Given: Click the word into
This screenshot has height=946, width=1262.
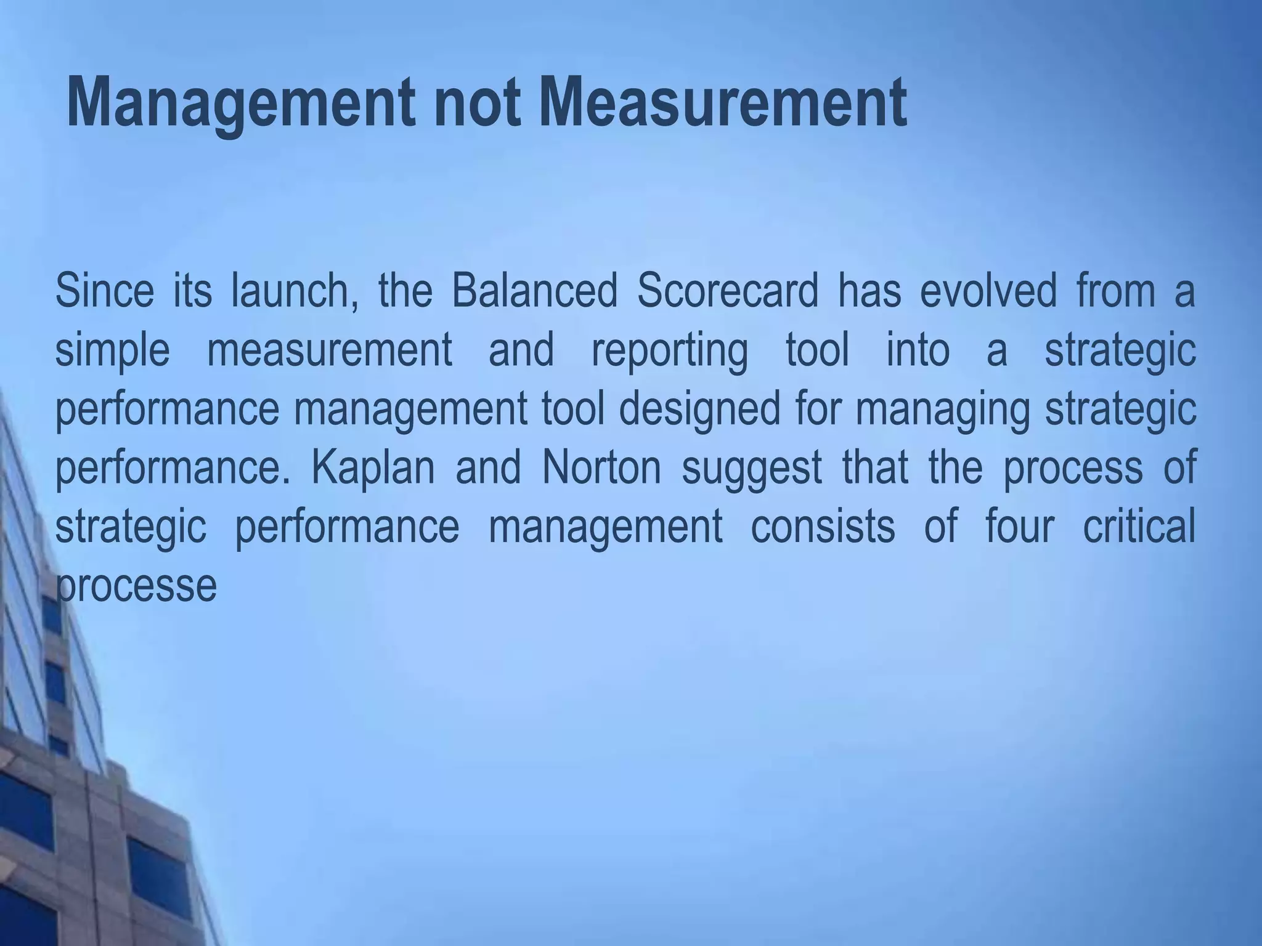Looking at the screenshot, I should [x=918, y=350].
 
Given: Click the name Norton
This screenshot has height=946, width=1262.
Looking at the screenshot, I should [x=601, y=468].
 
